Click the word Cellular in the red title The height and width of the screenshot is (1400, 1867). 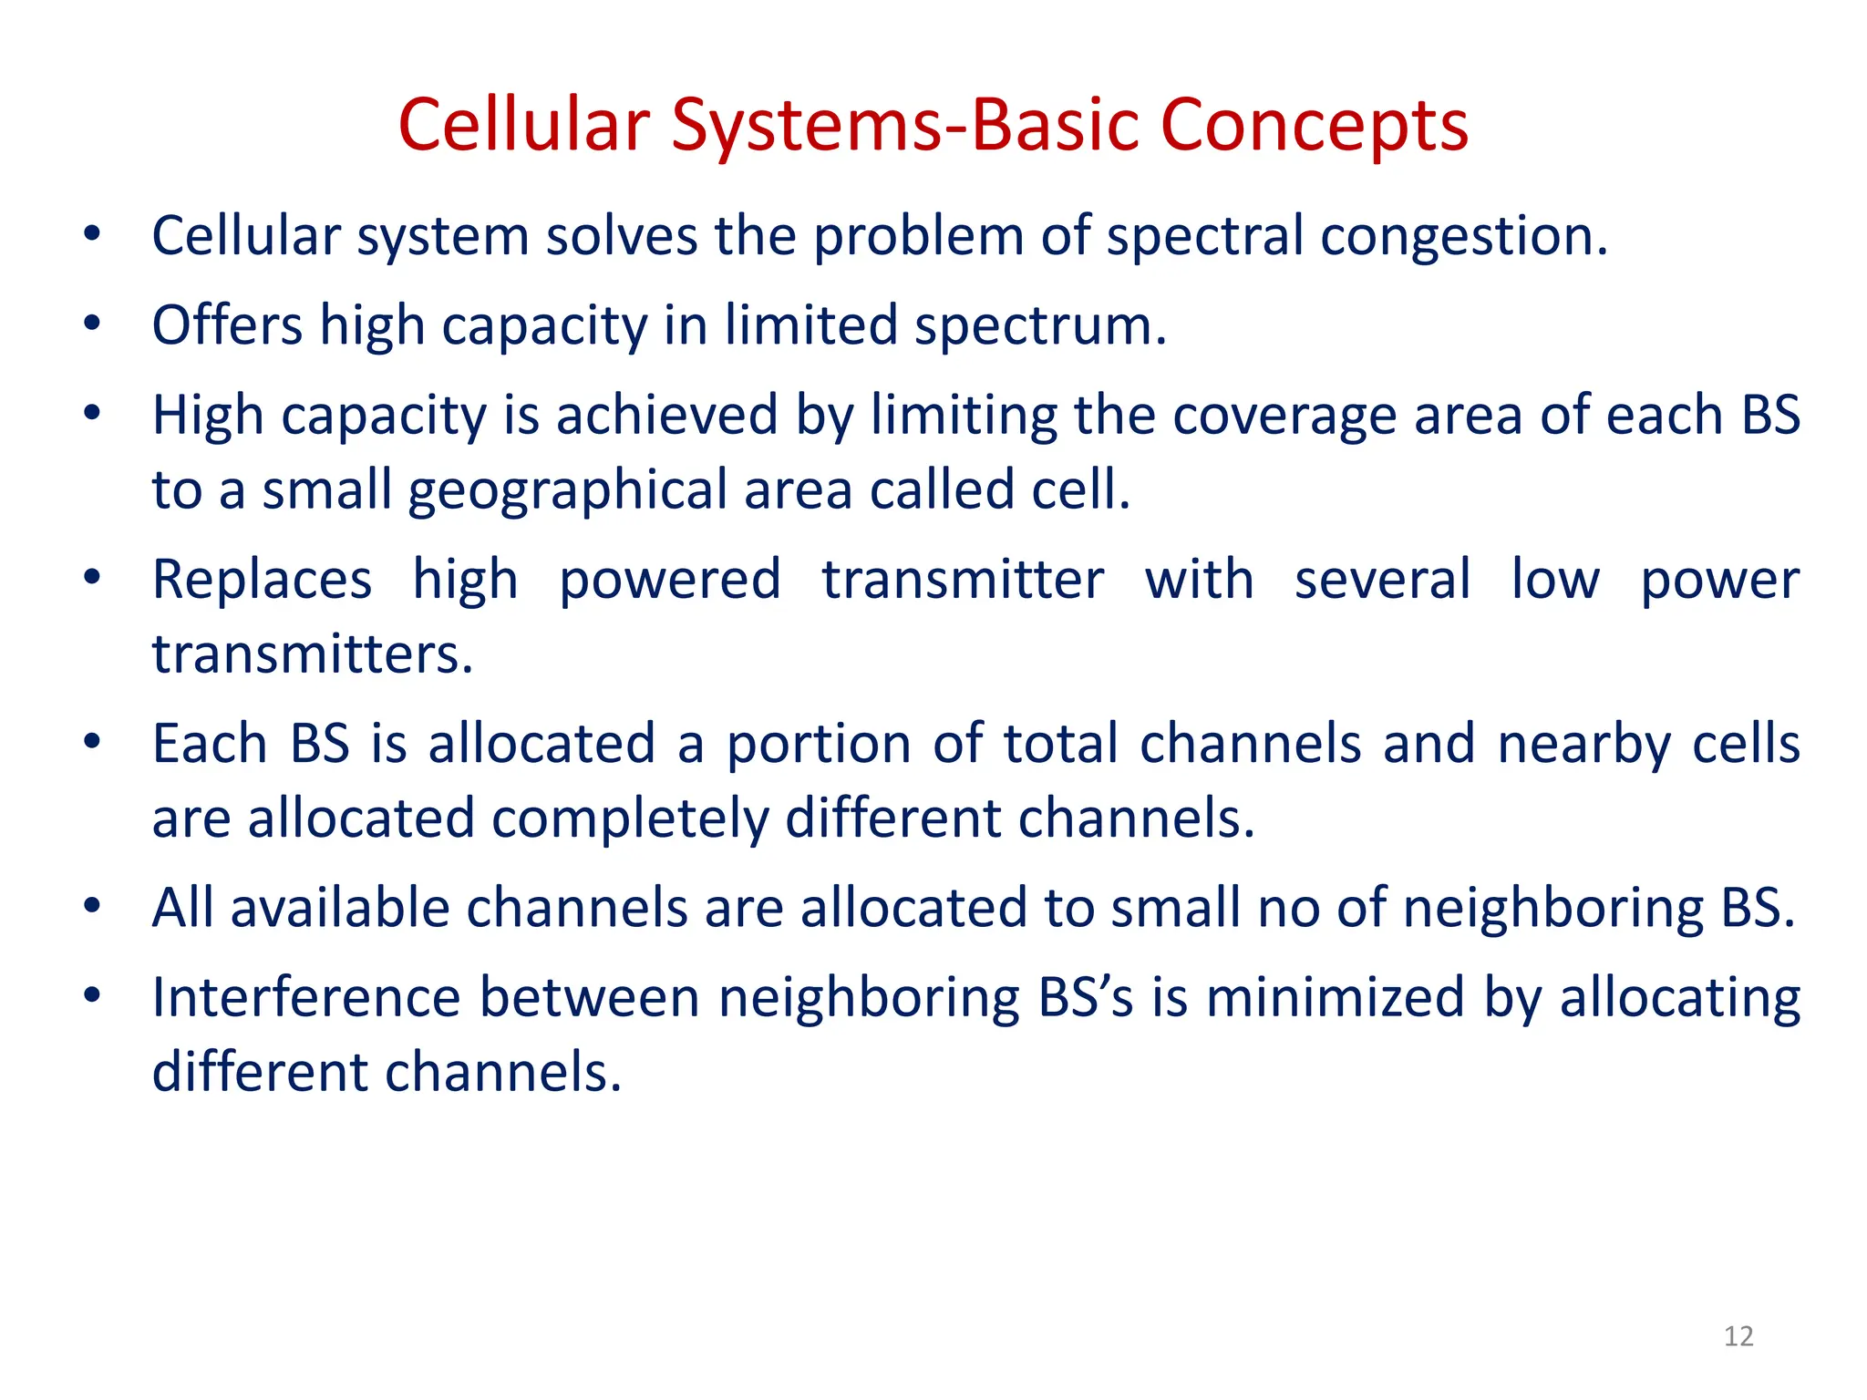click(x=524, y=125)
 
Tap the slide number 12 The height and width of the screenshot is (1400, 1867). click(x=1738, y=1336)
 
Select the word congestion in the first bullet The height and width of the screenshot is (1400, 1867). click(x=1464, y=237)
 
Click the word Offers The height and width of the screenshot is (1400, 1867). click(x=227, y=325)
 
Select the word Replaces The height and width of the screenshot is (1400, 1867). click(x=262, y=581)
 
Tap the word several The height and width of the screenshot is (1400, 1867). click(x=1382, y=581)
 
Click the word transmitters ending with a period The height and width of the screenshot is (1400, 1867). click(x=312, y=654)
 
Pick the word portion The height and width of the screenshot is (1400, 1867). click(x=818, y=745)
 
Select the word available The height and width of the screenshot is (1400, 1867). click(x=340, y=909)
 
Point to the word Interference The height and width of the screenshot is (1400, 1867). click(x=306, y=998)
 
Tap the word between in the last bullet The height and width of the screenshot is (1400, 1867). click(x=590, y=998)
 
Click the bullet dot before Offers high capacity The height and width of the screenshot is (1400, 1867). click(x=91, y=324)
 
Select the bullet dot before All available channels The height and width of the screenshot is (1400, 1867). click(x=91, y=907)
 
